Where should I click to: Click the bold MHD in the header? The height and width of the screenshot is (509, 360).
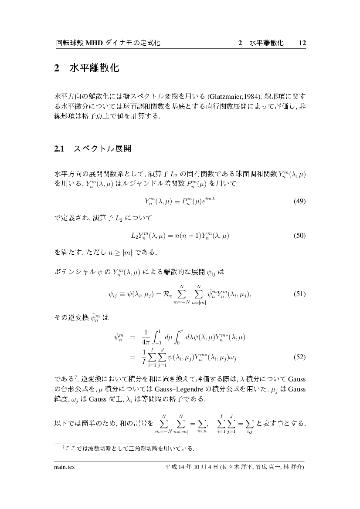[x=94, y=43]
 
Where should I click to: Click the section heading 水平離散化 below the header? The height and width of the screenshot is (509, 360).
[x=94, y=69]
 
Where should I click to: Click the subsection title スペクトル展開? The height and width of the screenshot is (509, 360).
[x=102, y=149]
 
